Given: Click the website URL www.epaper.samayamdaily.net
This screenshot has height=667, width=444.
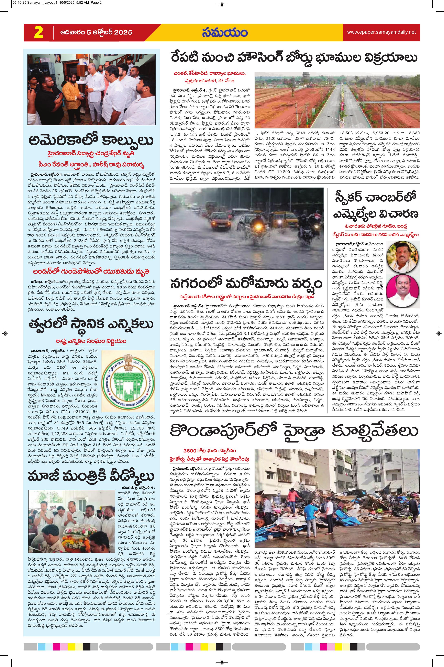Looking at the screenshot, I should coord(381,32).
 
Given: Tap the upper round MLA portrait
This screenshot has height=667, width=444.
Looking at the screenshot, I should coord(399,257).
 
